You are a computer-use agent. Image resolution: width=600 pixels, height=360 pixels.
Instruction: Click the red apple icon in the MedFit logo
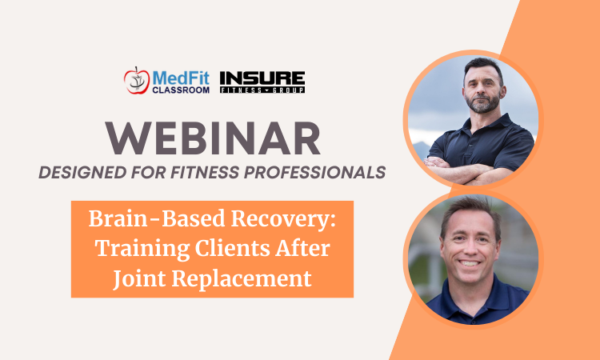136,80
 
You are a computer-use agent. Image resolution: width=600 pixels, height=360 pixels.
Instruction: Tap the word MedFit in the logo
181,78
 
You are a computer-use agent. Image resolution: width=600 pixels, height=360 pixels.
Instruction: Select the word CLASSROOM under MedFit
181,90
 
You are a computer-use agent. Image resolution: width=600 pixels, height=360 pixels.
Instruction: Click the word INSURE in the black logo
262,78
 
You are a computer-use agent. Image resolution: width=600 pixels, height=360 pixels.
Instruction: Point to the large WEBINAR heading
213,138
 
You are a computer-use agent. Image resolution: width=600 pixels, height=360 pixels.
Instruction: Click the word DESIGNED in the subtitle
82,173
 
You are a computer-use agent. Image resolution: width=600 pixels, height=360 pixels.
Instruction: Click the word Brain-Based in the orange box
157,219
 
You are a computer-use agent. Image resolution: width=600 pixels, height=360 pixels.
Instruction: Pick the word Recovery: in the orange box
283,220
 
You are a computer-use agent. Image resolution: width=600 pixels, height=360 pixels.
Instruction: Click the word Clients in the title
232,249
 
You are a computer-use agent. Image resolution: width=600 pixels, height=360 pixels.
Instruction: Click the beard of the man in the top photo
483,103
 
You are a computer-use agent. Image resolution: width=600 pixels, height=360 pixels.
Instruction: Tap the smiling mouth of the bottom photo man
469,263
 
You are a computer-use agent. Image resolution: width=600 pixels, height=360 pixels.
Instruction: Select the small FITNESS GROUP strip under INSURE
262,90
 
